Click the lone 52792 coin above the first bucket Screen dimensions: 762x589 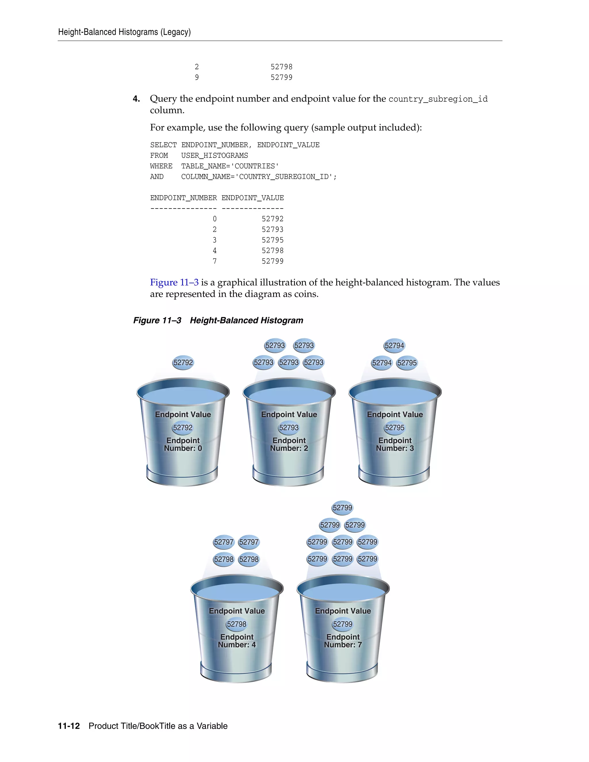click(183, 363)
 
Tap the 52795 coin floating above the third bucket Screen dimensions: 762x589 click(407, 363)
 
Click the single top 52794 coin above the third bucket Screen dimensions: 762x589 click(394, 345)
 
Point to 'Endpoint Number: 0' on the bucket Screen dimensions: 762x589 click(183, 445)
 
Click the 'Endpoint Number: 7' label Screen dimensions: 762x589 click(343, 641)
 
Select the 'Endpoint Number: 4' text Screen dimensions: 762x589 click(237, 641)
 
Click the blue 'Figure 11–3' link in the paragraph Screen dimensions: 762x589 click(174, 282)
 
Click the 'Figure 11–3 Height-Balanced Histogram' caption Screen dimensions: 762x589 click(218, 320)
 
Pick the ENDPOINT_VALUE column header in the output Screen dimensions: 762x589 click(253, 198)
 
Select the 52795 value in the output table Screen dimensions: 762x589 click(273, 240)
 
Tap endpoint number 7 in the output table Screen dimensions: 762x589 click(215, 261)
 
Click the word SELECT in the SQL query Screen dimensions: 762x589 click(163, 145)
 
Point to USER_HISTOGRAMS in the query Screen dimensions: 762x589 click(214, 156)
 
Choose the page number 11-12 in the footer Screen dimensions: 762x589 click(69, 726)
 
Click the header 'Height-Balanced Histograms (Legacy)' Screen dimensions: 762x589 click(124, 32)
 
